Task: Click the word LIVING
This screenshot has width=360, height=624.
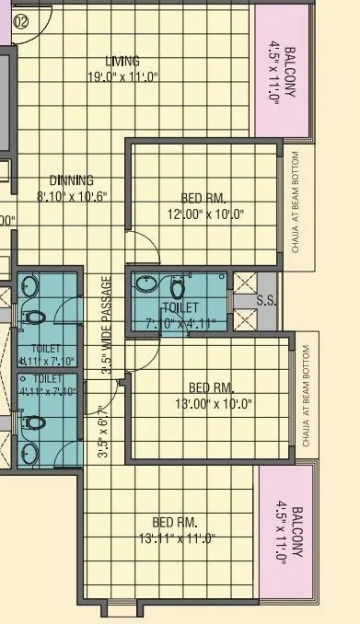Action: pyautogui.click(x=122, y=62)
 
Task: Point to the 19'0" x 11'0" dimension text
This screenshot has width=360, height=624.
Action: pyautogui.click(x=123, y=77)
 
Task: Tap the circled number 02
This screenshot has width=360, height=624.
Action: pyautogui.click(x=20, y=17)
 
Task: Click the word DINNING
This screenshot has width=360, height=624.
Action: pyautogui.click(x=71, y=180)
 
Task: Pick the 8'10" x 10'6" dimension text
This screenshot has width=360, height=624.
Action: pyautogui.click(x=73, y=196)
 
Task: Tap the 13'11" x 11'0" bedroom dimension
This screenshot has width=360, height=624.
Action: pyautogui.click(x=173, y=537)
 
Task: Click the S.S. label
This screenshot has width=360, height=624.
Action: pyautogui.click(x=266, y=300)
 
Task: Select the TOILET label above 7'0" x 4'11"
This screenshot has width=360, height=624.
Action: pyautogui.click(x=179, y=307)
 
